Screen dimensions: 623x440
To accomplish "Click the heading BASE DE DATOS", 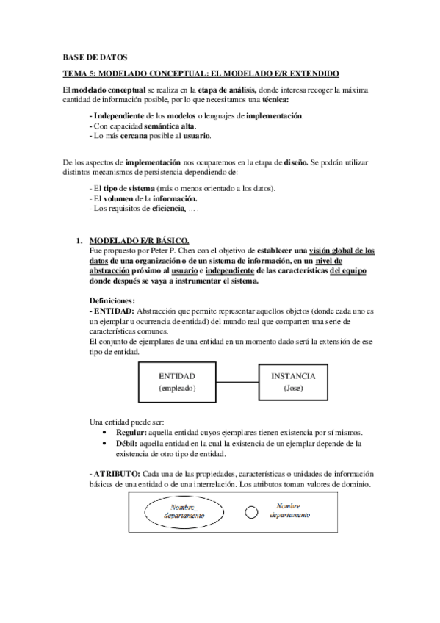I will pyautogui.click(x=95, y=57).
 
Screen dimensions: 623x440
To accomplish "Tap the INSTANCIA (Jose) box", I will pyautogui.click(x=293, y=381).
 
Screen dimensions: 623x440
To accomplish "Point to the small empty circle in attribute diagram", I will pyautogui.click(x=251, y=511).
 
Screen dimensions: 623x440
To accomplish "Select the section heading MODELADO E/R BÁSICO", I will pyautogui.click(x=138, y=241).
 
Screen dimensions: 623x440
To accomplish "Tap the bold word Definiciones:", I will pyautogui.click(x=112, y=301).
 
